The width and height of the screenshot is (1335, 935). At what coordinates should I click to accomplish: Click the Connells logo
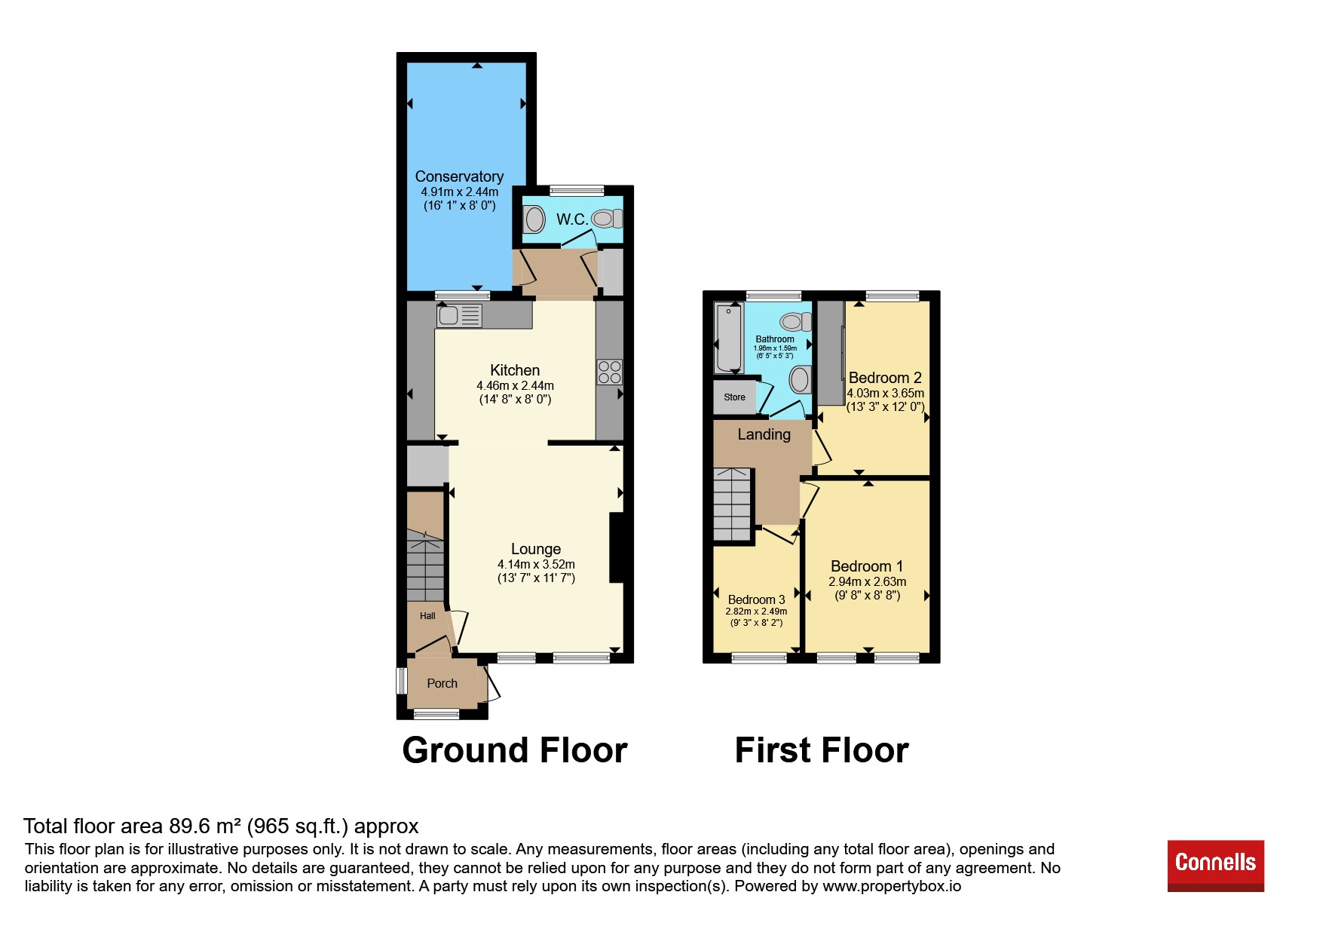[1215, 865]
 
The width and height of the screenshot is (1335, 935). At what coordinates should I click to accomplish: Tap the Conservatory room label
[459, 176]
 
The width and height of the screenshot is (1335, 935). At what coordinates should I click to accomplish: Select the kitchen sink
[459, 315]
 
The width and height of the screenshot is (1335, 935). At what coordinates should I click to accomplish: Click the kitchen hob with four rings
[610, 372]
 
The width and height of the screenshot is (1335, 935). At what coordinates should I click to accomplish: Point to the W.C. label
[572, 219]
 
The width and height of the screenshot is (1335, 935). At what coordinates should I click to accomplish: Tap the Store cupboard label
[734, 397]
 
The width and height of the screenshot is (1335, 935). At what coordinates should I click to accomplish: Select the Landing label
[764, 434]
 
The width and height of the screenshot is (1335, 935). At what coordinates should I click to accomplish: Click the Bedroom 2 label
[885, 378]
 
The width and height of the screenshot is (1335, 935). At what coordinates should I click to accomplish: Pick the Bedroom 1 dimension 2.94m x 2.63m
[868, 581]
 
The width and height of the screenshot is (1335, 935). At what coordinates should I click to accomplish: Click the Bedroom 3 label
[756, 599]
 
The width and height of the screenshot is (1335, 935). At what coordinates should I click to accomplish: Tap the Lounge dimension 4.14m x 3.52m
[536, 564]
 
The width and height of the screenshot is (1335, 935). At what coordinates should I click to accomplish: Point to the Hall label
[427, 616]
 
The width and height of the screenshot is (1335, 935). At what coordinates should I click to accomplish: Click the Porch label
[442, 683]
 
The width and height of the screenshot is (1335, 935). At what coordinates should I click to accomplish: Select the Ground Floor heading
[515, 750]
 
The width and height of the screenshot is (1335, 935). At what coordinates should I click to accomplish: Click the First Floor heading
[822, 750]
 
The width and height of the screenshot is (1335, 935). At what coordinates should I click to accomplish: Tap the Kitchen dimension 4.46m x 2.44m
[515, 385]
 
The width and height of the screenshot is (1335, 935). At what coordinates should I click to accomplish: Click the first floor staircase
[733, 504]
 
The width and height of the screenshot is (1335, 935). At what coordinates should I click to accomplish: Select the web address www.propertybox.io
[892, 886]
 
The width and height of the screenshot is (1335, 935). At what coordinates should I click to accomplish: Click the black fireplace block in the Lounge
[617, 547]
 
